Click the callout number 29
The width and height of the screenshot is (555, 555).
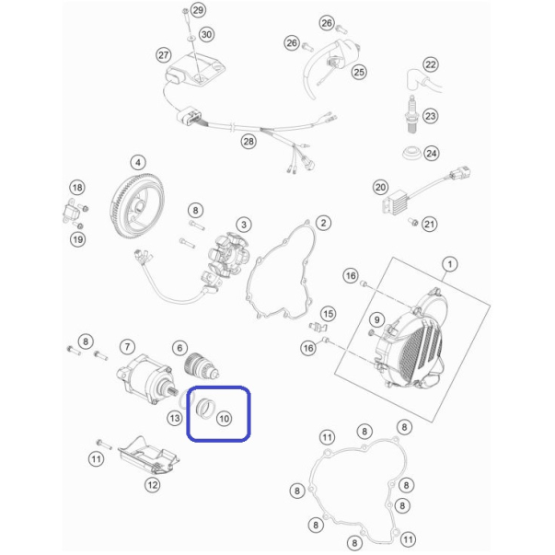point(198,10)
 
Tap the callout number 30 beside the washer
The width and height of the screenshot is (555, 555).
point(207,35)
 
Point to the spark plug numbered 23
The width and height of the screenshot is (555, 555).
point(412,115)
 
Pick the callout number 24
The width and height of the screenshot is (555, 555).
point(431,154)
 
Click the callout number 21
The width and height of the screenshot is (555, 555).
point(429,224)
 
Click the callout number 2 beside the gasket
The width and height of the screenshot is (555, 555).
point(323,223)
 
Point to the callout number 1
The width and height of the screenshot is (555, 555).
point(450,264)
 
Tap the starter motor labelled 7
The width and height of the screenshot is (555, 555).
point(145,379)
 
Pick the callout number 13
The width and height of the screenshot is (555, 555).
point(175,419)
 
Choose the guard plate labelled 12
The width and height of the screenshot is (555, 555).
point(149,456)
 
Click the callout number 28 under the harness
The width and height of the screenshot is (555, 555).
point(249,142)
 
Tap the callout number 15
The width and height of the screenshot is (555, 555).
point(328,314)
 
